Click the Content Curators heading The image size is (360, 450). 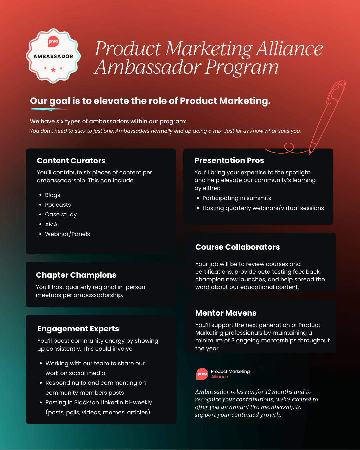click(71, 161)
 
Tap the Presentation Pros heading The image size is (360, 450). click(229, 160)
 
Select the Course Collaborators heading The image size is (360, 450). click(237, 247)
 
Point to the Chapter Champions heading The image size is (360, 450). click(76, 275)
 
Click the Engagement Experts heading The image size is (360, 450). click(78, 329)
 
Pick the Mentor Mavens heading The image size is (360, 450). click(226, 313)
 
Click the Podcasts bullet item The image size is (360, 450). click(58, 205)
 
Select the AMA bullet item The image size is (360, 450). click(51, 224)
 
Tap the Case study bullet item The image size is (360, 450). click(61, 214)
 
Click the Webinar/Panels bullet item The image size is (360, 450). click(67, 234)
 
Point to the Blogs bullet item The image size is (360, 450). click(52, 195)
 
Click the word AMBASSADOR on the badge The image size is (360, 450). click(53, 56)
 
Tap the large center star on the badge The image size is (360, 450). click(53, 70)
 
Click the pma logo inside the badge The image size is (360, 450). click(53, 41)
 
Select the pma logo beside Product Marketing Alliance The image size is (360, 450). click(202, 374)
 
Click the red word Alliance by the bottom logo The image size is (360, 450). click(219, 377)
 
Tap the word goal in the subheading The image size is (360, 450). click(60, 101)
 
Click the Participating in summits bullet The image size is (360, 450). click(237, 198)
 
